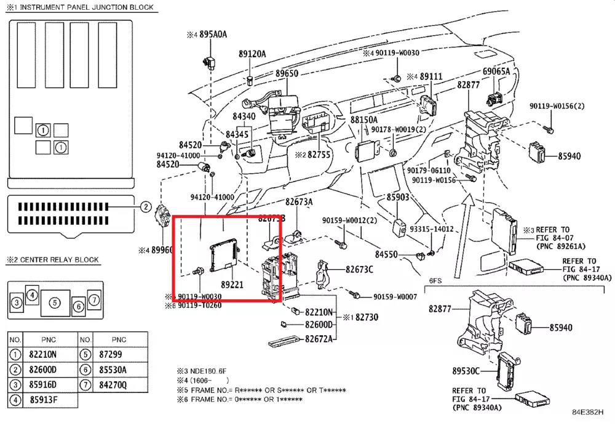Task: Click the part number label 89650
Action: [x=287, y=73]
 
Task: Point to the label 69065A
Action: [x=496, y=71]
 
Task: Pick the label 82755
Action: [x=319, y=155]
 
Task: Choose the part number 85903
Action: [x=398, y=197]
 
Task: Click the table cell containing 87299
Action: [x=119, y=354]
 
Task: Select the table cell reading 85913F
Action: [x=42, y=400]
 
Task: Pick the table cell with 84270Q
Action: [x=119, y=385]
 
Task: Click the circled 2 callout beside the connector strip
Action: [x=146, y=207]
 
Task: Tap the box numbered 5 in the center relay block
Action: [x=55, y=302]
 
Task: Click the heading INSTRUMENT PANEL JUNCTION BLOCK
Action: [x=83, y=8]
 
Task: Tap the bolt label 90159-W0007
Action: [x=394, y=297]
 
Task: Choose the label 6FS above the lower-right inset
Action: [x=436, y=280]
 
